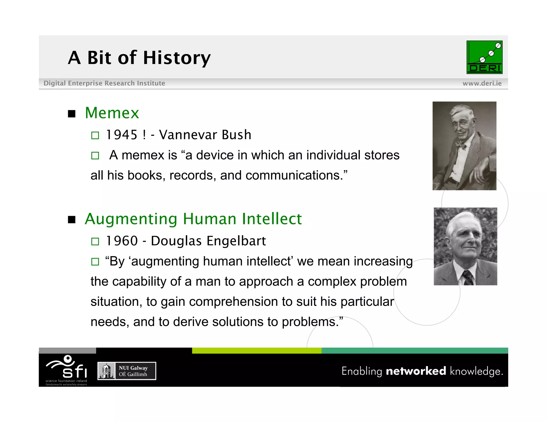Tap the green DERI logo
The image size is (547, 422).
(x=484, y=57)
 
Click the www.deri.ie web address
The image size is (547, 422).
(x=482, y=83)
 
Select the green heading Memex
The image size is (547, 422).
(x=112, y=113)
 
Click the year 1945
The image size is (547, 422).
(x=122, y=135)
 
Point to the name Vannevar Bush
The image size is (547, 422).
(x=205, y=135)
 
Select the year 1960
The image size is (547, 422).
(x=122, y=241)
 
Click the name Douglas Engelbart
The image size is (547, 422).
(x=208, y=241)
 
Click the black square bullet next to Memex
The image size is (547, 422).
(x=72, y=114)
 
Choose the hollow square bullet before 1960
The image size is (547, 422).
(x=95, y=241)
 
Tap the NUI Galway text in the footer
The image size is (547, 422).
(x=133, y=368)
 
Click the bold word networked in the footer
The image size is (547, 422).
(x=416, y=371)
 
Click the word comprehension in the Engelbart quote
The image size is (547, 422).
(x=233, y=302)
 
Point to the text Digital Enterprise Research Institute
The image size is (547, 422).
(x=104, y=83)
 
